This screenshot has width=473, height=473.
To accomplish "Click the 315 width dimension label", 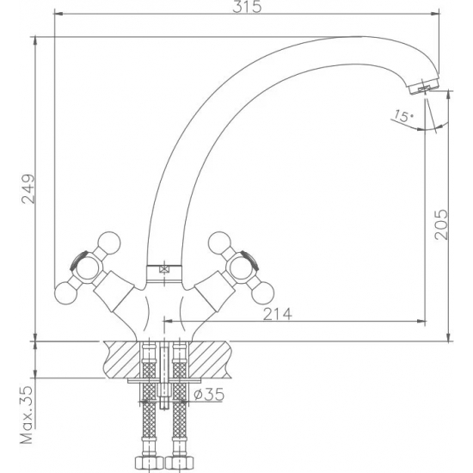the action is point(247,7).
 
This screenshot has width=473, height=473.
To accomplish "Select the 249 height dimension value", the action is point(28,189).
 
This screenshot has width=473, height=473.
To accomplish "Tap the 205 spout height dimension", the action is point(441,224).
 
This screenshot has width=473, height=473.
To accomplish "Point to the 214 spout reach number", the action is point(278,314).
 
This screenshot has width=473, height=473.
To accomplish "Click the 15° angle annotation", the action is point(403,116).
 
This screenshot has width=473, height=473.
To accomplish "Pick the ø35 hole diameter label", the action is point(209,394).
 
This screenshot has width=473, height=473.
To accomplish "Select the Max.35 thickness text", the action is point(27,415).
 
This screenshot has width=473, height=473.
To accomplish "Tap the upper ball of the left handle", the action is point(109,243).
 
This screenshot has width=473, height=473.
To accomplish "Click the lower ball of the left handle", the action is point(65,292).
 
